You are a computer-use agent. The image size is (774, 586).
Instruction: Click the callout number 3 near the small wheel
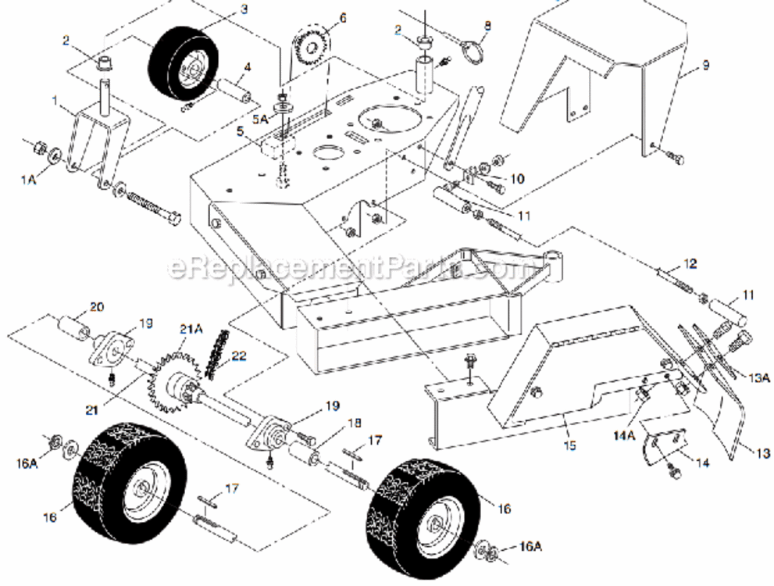coord(244,9)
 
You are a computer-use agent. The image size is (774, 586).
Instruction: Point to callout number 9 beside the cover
coord(705,66)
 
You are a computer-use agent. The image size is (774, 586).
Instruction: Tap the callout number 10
coord(517,179)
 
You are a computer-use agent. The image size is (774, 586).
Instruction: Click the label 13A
coord(760,377)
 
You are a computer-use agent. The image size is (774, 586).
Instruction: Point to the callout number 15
coord(569,445)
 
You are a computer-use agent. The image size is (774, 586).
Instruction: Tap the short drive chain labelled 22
coord(216,354)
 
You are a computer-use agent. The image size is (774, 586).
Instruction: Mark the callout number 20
coord(96,306)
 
